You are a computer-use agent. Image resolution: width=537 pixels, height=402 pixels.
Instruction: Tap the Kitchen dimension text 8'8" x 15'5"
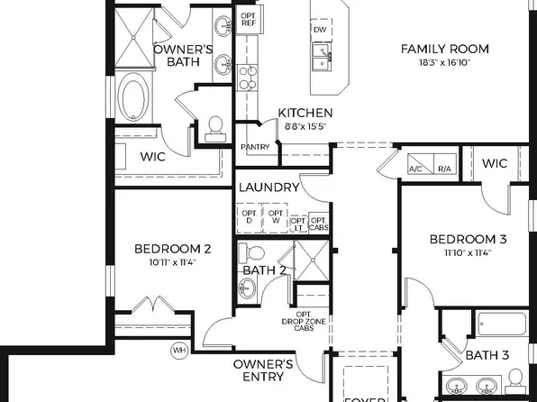click(305, 127)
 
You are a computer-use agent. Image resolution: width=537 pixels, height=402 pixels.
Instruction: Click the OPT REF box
click(248, 21)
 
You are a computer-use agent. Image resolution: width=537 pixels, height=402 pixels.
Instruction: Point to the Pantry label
click(255, 147)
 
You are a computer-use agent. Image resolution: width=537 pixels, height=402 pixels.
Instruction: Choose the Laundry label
click(268, 187)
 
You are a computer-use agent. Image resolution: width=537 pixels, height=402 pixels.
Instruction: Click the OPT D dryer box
click(250, 218)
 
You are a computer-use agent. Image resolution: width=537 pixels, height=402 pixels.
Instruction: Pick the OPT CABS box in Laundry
click(318, 224)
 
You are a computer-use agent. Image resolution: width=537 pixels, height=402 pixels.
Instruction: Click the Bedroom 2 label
click(172, 250)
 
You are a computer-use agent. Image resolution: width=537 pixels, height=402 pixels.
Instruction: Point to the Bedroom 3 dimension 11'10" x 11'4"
click(468, 253)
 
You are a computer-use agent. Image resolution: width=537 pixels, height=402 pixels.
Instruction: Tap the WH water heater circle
click(178, 350)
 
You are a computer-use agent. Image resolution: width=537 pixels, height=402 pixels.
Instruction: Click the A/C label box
click(416, 169)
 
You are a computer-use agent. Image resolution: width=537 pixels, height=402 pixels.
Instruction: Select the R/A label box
click(444, 169)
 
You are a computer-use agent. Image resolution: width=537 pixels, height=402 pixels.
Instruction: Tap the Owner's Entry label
click(263, 370)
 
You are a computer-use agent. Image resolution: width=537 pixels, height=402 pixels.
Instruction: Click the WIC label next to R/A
click(495, 163)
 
